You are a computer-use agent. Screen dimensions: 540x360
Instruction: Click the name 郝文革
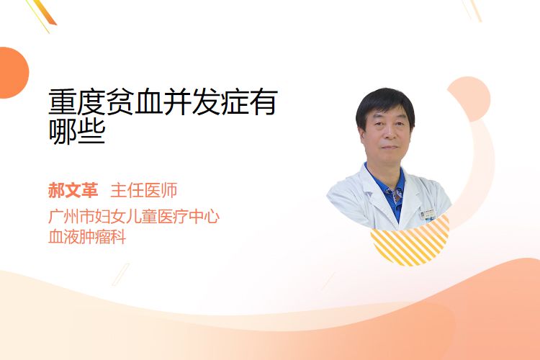tap(73, 190)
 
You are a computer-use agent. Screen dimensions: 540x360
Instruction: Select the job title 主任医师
tap(144, 190)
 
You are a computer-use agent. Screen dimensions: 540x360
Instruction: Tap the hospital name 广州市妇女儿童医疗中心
tap(134, 216)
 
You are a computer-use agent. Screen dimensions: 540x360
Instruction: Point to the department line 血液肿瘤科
tap(87, 237)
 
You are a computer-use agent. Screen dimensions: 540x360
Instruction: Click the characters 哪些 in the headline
tap(77, 131)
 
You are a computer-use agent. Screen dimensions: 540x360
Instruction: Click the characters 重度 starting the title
tap(77, 102)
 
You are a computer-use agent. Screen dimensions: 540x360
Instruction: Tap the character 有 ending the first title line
tap(264, 102)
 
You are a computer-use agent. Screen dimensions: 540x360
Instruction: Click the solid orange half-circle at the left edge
tap(13, 73)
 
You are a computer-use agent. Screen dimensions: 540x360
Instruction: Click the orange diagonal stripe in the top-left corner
tap(45, 13)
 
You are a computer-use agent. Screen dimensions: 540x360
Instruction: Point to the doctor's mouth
tap(390, 147)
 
